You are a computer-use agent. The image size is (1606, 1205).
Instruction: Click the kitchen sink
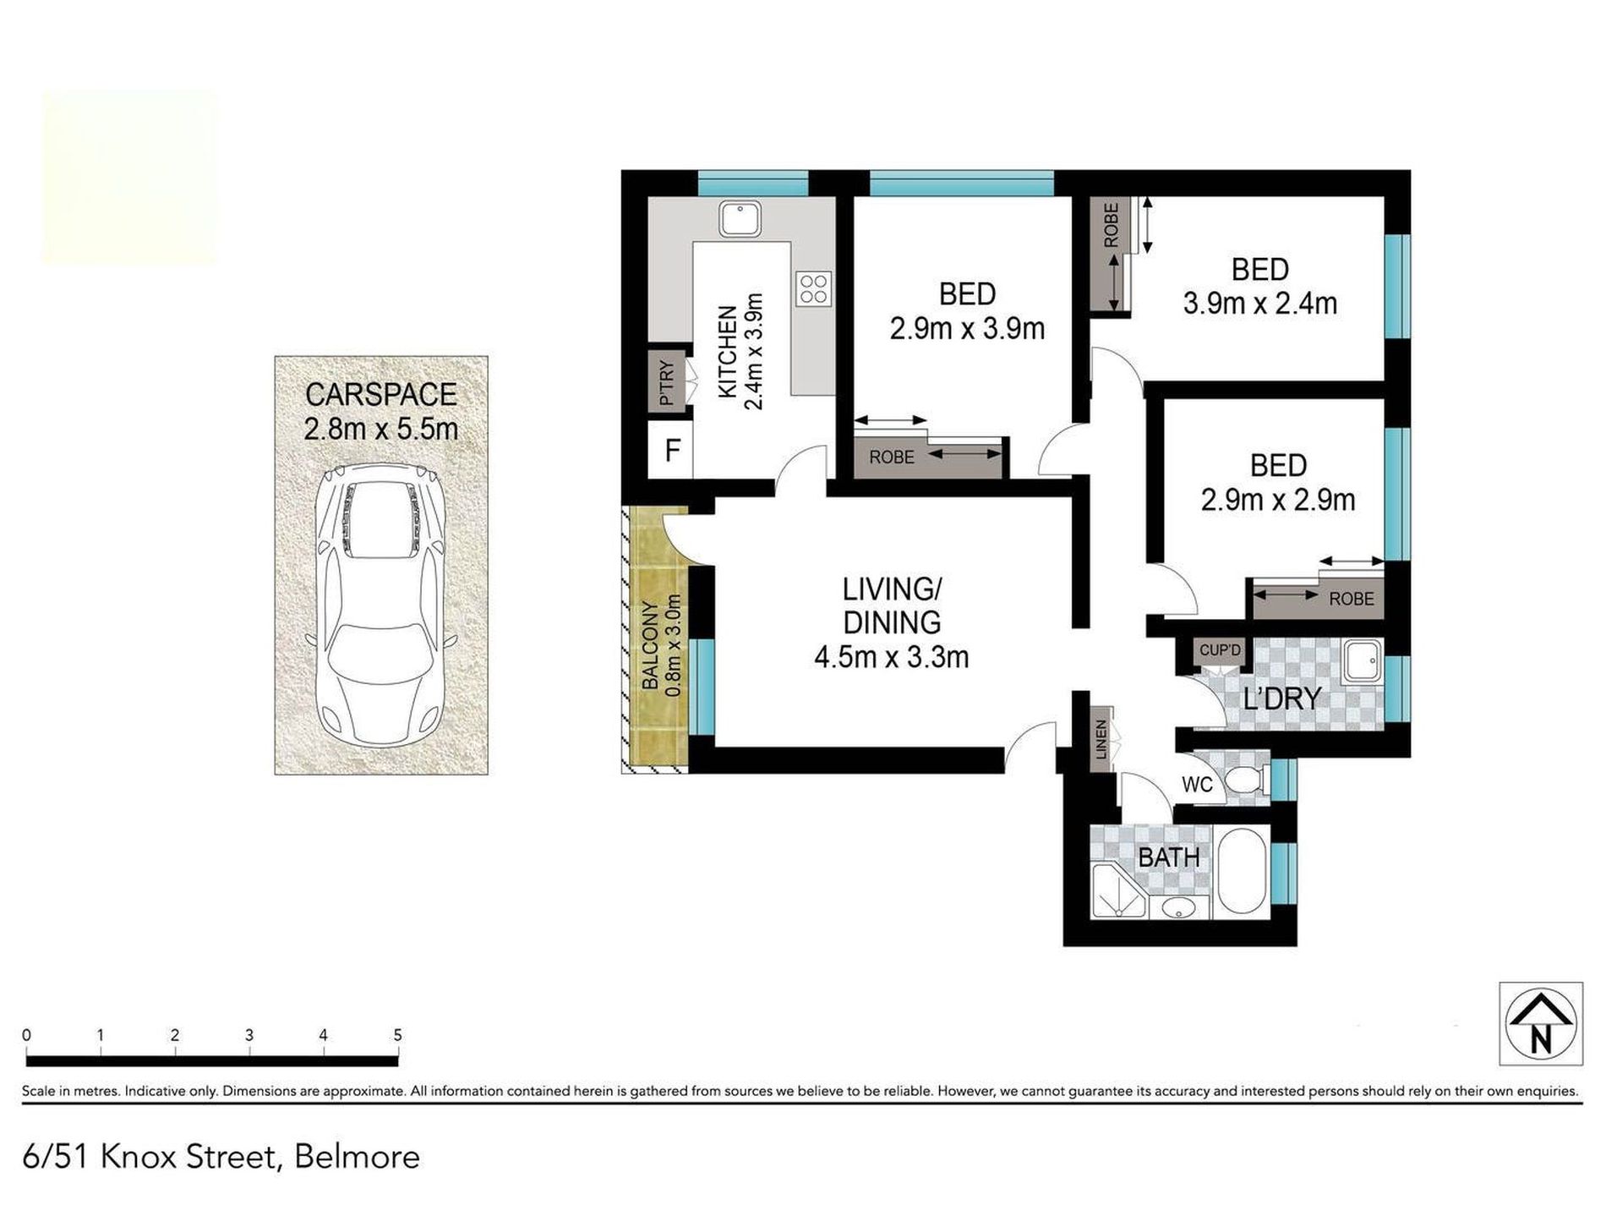pyautogui.click(x=740, y=219)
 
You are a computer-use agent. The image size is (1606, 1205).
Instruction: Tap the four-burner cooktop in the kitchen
pyautogui.click(x=814, y=288)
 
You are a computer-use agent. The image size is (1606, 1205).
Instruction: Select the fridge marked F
pyautogui.click(x=672, y=450)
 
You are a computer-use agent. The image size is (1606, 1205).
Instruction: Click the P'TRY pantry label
pyautogui.click(x=667, y=382)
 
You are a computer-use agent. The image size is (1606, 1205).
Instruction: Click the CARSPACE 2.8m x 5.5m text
pyautogui.click(x=380, y=411)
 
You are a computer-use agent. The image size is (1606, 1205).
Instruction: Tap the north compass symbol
pyautogui.click(x=1541, y=1023)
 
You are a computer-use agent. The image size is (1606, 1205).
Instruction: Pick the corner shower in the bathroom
pyautogui.click(x=1118, y=891)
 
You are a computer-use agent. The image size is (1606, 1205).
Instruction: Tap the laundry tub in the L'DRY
pyautogui.click(x=1363, y=661)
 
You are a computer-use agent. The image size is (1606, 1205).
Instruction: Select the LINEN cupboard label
pyautogui.click(x=1101, y=745)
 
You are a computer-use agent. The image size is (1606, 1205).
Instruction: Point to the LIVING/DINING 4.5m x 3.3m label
pyautogui.click(x=892, y=622)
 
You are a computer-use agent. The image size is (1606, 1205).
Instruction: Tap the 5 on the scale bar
pyautogui.click(x=397, y=1035)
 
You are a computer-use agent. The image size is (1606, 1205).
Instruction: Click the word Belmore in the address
pyautogui.click(x=357, y=1156)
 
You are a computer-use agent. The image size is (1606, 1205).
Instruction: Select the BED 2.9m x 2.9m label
pyautogui.click(x=1278, y=483)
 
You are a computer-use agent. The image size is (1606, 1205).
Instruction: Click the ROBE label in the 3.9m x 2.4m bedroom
pyautogui.click(x=1111, y=225)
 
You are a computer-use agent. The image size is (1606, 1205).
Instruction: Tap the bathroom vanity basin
pyautogui.click(x=1177, y=908)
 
